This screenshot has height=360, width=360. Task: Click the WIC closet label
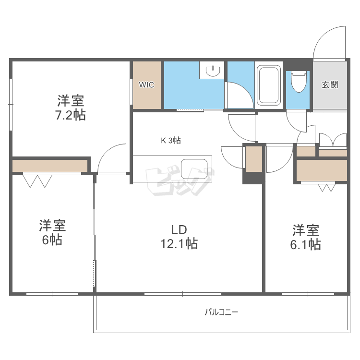pos(146,85)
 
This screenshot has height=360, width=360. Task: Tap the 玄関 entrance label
pos(330,85)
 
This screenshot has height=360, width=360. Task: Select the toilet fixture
pos(299,82)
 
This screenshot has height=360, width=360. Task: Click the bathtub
pos(269,85)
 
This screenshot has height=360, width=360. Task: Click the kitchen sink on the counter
pos(194,168)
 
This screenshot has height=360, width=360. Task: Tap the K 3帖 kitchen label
pos(170,141)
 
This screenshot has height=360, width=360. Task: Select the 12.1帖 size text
pos(179,243)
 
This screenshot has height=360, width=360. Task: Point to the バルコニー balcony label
pos(221,312)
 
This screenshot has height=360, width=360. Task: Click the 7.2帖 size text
pos(71,115)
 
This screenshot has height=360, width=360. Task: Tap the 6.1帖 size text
pos(305,244)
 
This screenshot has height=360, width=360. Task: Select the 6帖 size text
pos(52,240)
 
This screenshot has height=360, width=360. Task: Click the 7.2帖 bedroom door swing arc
pos(111,158)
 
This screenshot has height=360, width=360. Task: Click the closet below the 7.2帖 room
pos(50,166)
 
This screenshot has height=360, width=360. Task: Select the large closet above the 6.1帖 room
pos(322,170)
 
